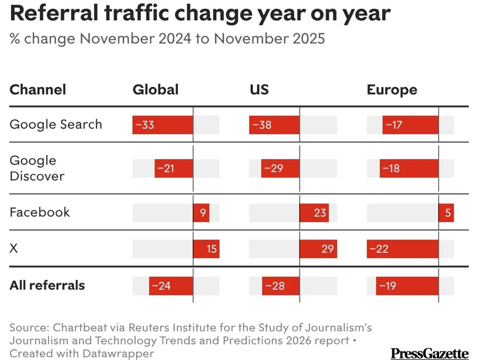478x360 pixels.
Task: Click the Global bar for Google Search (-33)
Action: (163, 125)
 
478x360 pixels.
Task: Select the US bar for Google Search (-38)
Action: (274, 125)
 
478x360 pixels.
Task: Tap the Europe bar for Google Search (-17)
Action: (410, 125)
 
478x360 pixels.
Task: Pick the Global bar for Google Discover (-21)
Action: (174, 168)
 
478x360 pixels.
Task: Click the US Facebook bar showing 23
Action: (314, 213)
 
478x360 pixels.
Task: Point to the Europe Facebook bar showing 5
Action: (446, 213)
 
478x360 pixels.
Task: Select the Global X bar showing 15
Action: (206, 249)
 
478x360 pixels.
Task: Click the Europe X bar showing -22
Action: (402, 249)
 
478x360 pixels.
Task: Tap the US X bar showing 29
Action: (318, 249)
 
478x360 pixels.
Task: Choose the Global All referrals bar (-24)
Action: (171, 286)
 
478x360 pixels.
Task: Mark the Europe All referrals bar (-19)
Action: (407, 286)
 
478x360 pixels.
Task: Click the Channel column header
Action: (38, 89)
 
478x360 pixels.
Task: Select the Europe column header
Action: (392, 90)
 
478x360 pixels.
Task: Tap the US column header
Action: (259, 89)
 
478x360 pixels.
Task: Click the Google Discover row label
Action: (37, 168)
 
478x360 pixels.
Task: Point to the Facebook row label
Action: (39, 212)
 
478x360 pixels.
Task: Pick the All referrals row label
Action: (47, 285)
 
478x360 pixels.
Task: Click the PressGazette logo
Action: (429, 353)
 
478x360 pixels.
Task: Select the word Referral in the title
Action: (53, 14)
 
